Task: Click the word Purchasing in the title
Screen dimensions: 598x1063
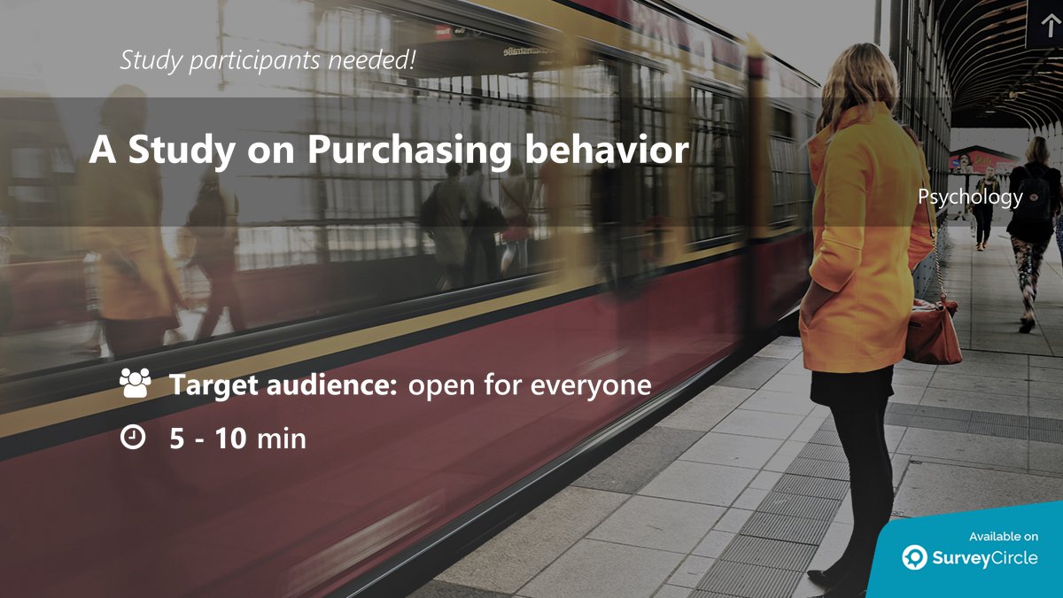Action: tap(408, 151)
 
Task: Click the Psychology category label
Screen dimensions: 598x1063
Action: tap(970, 197)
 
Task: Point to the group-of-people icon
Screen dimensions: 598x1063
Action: tap(135, 384)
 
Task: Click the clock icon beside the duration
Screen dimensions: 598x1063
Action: tap(133, 437)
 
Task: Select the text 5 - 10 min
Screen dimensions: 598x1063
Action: tap(237, 438)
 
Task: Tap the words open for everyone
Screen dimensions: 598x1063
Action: tap(529, 385)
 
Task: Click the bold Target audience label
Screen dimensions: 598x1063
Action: tap(283, 385)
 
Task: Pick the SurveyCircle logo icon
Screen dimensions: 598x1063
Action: tap(914, 557)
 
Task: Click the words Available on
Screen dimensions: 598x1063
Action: tap(1003, 536)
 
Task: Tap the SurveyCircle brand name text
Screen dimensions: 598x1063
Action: tap(983, 558)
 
